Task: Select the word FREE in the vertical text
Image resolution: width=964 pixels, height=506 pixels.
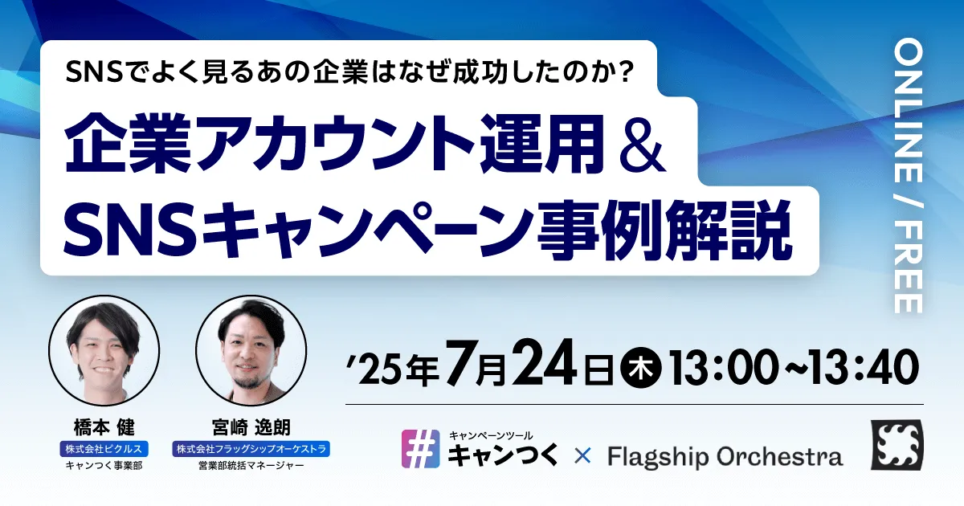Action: [x=908, y=267]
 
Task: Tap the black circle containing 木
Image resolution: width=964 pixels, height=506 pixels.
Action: [x=641, y=368]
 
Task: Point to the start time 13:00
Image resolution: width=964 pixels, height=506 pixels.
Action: [x=723, y=367]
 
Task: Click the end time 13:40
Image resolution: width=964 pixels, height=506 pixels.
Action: [x=865, y=367]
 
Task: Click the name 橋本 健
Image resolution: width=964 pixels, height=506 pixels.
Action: [x=104, y=427]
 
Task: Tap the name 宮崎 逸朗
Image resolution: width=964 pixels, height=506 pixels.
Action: [x=251, y=427]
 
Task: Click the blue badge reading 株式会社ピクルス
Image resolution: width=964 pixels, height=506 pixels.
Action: [x=104, y=449]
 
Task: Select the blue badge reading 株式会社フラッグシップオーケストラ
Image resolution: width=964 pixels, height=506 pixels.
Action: [x=251, y=449]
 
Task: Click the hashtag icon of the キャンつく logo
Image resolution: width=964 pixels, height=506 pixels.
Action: [x=420, y=449]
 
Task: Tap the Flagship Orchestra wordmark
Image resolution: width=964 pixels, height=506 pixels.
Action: [x=725, y=457]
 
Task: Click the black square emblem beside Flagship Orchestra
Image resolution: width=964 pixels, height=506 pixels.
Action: [x=897, y=445]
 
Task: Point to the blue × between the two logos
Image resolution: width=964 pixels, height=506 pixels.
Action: [x=582, y=456]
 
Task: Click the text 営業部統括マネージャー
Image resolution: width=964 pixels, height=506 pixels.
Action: [x=251, y=466]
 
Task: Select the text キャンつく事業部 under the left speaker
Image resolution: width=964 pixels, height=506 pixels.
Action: [x=104, y=466]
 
